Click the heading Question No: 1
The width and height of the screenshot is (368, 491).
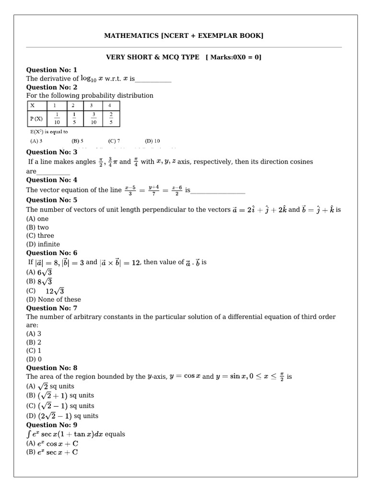(x=51, y=70)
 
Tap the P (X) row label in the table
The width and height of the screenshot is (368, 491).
(x=36, y=118)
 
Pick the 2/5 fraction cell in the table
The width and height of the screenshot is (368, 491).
(x=110, y=118)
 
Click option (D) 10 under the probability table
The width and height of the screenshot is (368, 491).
(x=152, y=141)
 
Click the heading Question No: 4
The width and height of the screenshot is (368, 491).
(x=51, y=180)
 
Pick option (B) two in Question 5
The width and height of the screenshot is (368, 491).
(x=37, y=227)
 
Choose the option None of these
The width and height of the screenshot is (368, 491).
(x=54, y=300)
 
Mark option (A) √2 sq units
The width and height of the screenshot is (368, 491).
(x=50, y=386)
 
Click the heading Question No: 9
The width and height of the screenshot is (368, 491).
(x=51, y=425)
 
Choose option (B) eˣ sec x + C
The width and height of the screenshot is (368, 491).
(x=52, y=452)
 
